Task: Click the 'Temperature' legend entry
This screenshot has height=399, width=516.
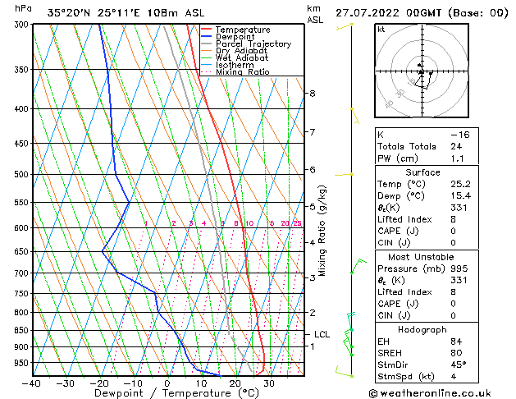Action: point(242,29)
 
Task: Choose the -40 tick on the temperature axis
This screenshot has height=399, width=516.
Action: point(32,383)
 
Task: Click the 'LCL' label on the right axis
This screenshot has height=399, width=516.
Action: point(322,334)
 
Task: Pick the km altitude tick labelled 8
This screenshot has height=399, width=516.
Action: point(313,94)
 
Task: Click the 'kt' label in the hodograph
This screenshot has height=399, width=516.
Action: point(381,30)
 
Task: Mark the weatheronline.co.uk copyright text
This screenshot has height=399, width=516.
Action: point(437,393)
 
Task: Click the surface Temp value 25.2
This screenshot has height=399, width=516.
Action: point(458,184)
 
